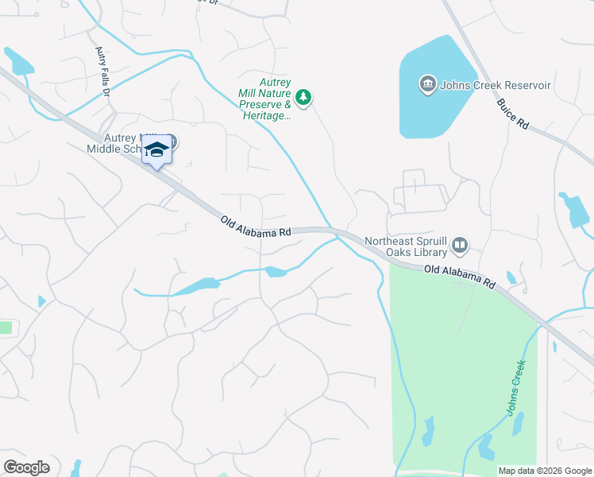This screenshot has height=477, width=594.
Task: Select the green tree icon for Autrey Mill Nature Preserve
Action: coord(303,98)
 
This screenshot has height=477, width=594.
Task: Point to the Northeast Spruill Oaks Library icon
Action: coord(460,247)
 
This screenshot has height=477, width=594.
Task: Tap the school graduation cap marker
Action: coord(157,150)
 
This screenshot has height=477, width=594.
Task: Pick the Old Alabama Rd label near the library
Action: coord(460,277)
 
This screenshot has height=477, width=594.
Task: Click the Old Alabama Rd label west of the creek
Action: coord(256,227)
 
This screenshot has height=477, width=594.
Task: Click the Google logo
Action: coord(26,467)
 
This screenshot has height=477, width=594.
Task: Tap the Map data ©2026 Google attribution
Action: coord(545,471)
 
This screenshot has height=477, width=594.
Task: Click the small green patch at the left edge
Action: coord(6,328)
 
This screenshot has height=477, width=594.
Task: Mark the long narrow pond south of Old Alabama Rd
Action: coord(195,286)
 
